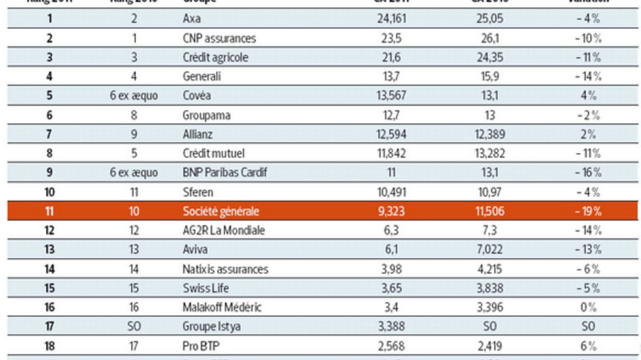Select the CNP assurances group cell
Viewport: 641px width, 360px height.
[x=219, y=39]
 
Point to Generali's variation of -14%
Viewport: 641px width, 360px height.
[x=587, y=77]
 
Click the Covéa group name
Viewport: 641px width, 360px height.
[x=197, y=96]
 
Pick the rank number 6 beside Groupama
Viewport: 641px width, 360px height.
[x=49, y=115]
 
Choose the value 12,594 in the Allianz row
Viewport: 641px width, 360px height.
[x=392, y=134]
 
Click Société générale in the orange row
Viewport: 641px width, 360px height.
[x=221, y=211]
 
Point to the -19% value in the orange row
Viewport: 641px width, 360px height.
[x=587, y=211]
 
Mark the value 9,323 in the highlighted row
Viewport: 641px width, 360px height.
[x=392, y=211]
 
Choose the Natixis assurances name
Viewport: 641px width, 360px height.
[x=225, y=269]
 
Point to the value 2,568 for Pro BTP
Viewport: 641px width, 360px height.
[x=392, y=346]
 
